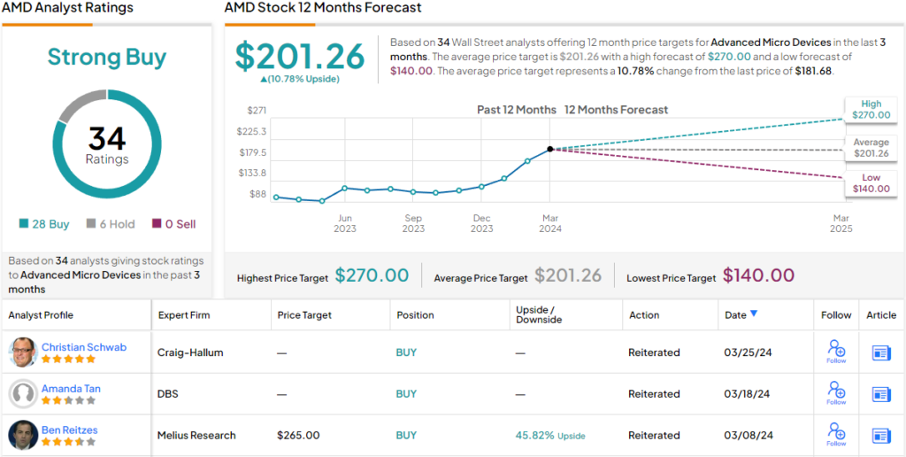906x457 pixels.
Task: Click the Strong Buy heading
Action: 106,58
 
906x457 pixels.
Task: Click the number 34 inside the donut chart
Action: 107,138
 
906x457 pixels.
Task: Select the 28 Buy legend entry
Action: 44,224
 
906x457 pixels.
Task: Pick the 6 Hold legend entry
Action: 111,224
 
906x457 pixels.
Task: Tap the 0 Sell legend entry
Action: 174,224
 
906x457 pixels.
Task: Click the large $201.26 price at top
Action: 299,57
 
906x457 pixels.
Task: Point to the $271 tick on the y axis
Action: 257,111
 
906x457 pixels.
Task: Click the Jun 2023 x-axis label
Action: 344,222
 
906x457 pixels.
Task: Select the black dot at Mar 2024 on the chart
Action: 550,149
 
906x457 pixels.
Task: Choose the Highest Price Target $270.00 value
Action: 372,276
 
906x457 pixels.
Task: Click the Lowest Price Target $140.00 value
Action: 758,276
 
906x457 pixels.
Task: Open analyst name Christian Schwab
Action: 84,346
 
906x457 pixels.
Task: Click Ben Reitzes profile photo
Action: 23,435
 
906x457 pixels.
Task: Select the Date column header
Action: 741,314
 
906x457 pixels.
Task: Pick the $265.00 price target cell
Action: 297,435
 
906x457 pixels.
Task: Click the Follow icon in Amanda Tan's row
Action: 836,392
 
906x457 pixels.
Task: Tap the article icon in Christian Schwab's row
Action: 881,352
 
